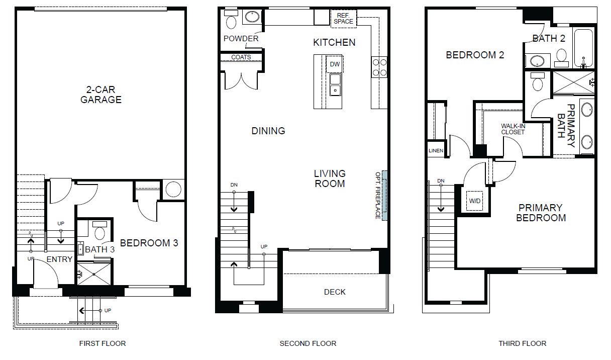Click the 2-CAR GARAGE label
pos(101,95)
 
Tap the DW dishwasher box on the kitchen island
pos(335,64)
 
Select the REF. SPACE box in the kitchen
pos(343,19)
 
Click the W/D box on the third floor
pos(475,201)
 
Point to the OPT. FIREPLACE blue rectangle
pos(384,196)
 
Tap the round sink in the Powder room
pos(252,17)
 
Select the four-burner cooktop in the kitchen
pos(379,67)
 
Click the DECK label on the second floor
pos(335,292)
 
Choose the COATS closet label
pos(241,57)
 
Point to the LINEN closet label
pos(436,151)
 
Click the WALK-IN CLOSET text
pos(513,129)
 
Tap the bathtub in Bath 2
pos(584,48)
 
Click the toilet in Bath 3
pos(99,231)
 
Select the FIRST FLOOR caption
pos(103,343)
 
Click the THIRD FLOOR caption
pos(523,343)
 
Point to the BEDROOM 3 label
pos(149,243)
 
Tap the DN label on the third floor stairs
pos(441,181)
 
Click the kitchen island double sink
pos(335,84)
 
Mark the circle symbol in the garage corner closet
pos(173,189)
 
